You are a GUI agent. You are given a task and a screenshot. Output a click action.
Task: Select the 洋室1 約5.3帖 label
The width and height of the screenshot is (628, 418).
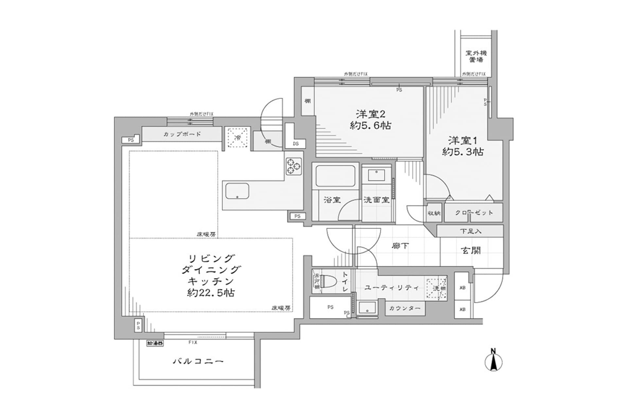[x=463, y=146]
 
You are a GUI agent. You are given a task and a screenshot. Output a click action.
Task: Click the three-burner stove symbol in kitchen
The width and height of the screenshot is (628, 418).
[x=293, y=166]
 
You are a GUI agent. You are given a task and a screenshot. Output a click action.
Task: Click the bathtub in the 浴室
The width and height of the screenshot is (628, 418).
[x=335, y=176]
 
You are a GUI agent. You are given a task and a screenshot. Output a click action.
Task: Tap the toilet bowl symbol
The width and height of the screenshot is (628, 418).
[x=329, y=281]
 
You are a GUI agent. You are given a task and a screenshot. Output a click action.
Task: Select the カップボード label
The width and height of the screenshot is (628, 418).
[x=182, y=134]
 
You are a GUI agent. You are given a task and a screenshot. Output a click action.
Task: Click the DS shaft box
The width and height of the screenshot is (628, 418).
[x=296, y=143]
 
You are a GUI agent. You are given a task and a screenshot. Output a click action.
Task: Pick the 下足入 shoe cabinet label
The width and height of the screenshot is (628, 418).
[x=470, y=231]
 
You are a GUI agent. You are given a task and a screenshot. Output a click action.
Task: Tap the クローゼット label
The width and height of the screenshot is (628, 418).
[x=474, y=213]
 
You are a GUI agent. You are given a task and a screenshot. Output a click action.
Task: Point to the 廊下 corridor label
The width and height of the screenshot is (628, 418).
[x=400, y=246]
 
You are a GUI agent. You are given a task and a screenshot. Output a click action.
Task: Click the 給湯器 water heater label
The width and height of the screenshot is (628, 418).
[x=155, y=343]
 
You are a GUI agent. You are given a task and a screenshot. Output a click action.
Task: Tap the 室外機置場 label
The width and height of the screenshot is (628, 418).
[x=476, y=56]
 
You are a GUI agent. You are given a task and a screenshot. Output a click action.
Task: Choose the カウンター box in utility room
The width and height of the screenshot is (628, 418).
[x=405, y=308]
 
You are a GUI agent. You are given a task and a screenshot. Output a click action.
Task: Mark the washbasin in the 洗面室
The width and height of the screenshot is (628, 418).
[x=376, y=175]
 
